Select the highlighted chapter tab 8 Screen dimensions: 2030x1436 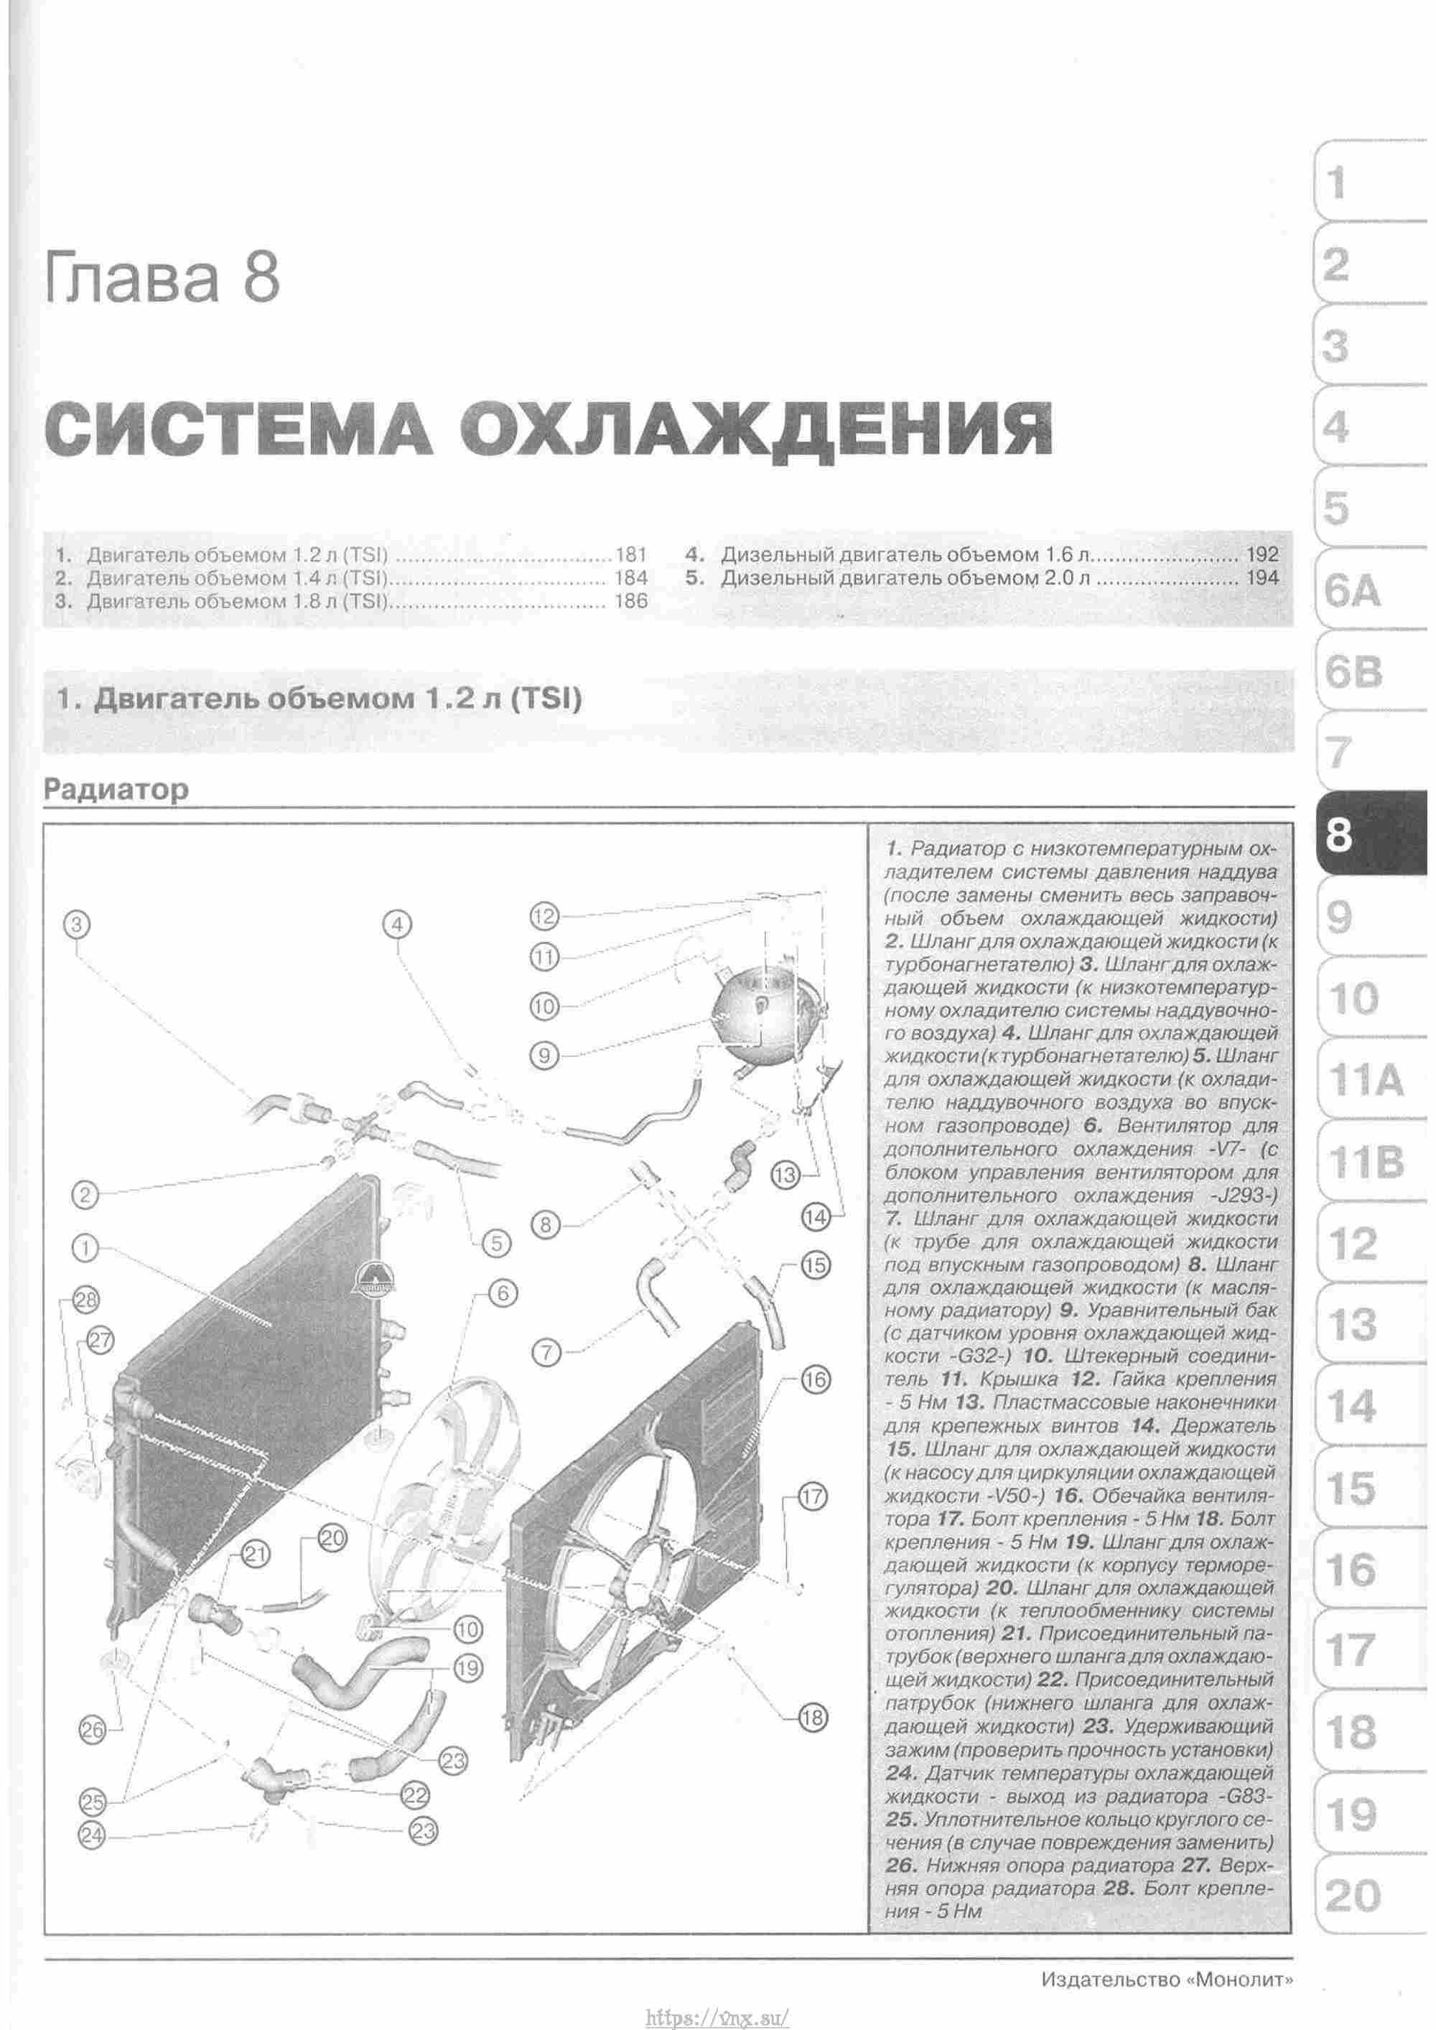pos(1362,833)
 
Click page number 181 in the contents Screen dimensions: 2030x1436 pos(630,555)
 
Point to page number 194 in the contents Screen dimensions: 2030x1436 pos(1262,578)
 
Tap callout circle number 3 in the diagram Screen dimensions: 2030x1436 pos(78,925)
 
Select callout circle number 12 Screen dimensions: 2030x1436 pos(546,917)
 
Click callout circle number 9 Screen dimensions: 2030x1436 pos(546,1055)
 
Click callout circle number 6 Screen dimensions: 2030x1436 pos(501,1293)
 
